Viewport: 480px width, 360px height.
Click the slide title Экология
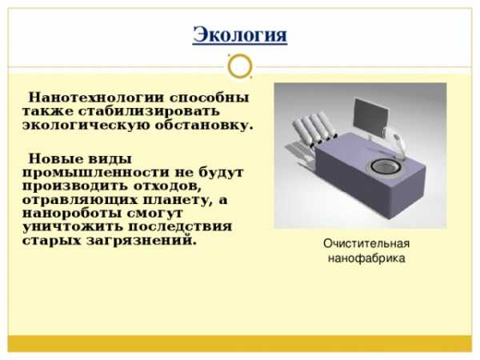pos(240,35)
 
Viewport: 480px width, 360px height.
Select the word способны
pos(210,98)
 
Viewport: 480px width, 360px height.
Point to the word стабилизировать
pos(149,111)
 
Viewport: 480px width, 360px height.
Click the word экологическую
pos(86,126)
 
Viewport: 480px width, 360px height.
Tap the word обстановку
pos(204,126)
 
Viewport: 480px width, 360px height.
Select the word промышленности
pos(95,173)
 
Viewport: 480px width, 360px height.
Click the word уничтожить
pos(72,227)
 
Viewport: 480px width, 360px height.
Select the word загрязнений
pos(141,241)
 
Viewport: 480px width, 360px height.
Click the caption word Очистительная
pos(366,244)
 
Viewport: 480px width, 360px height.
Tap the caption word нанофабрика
pos(366,258)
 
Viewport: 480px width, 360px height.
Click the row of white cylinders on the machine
pos(314,128)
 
